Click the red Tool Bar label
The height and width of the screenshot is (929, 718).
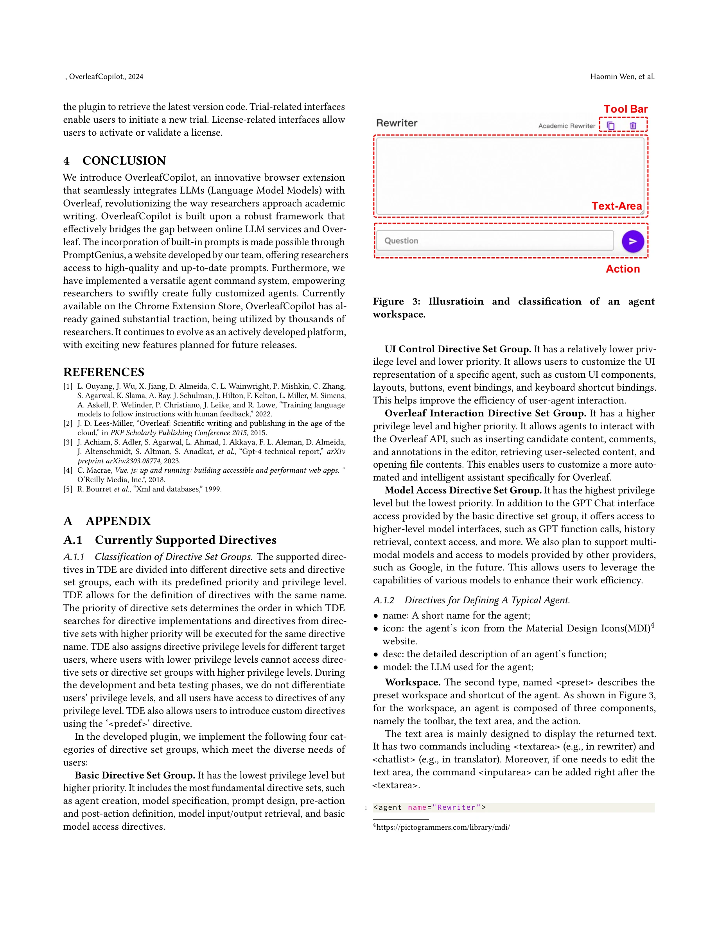pos(625,109)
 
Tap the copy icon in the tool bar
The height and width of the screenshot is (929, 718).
pos(610,126)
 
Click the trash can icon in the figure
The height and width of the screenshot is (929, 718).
pos(632,126)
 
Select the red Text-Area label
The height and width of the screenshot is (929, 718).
pos(616,206)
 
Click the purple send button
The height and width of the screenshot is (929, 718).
pos(632,241)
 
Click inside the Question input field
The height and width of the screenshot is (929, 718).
pos(494,241)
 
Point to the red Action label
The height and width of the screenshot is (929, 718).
pos(622,269)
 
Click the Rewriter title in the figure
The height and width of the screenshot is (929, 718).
pos(397,123)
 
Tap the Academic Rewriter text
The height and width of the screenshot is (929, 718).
pos(566,126)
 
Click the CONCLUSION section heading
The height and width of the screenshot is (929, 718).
pos(124,161)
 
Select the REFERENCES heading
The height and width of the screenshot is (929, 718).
pos(104,372)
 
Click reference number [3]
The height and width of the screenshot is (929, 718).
pos(68,442)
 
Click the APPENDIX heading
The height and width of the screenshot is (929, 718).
pos(118,521)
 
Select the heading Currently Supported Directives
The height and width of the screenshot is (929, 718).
pos(185,540)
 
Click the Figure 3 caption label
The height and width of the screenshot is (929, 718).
pos(397,301)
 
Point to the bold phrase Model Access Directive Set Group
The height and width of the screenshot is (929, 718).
pos(463,490)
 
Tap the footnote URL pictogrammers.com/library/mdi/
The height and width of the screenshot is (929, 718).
pos(443,827)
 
